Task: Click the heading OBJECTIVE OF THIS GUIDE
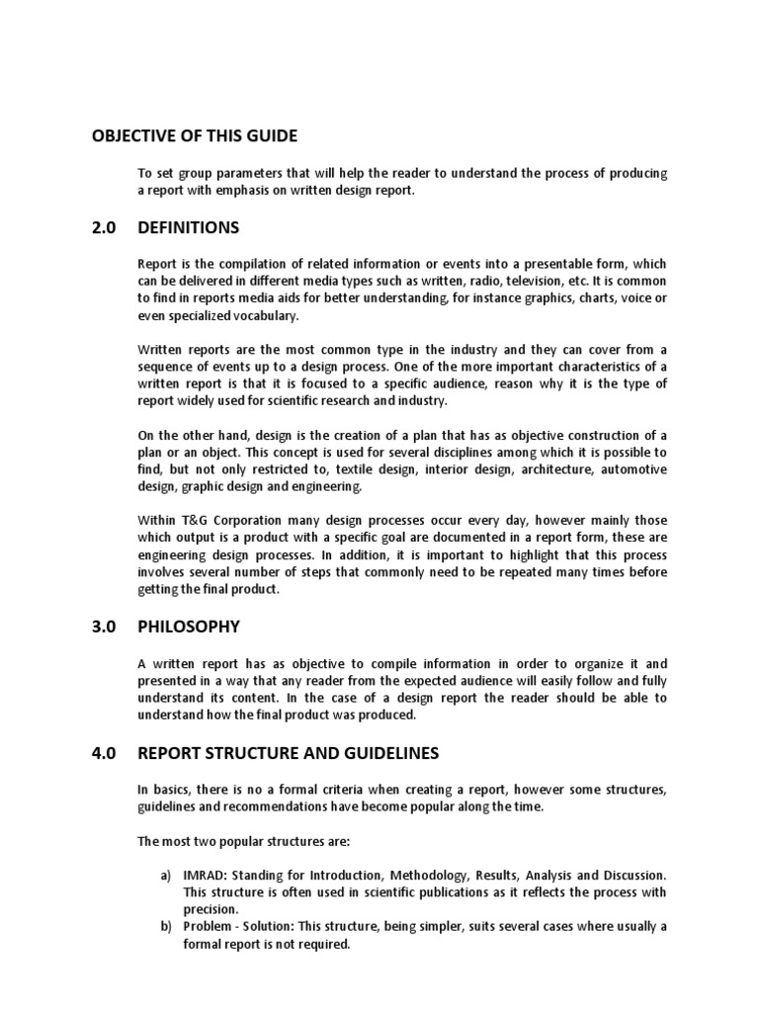194,135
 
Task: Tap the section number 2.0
103,227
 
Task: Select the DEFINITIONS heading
188,227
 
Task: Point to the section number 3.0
103,627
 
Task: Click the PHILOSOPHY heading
189,627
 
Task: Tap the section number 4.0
103,753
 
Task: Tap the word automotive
632,468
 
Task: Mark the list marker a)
166,876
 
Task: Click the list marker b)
166,927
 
